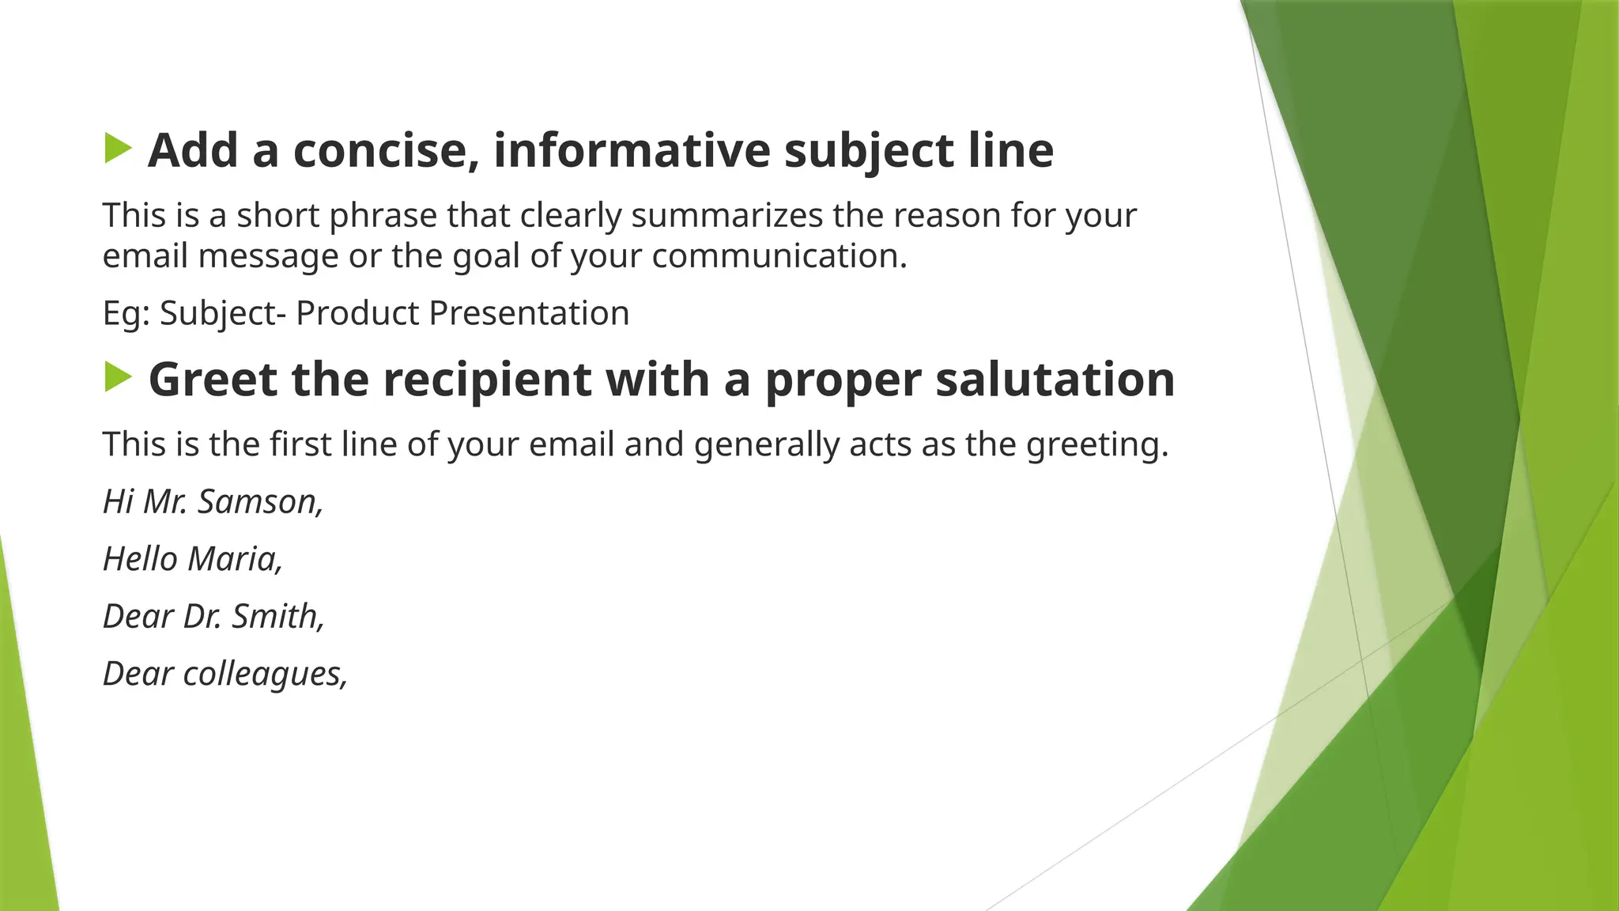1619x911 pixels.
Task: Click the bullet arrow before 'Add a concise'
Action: (118, 149)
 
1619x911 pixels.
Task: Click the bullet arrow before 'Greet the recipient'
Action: (118, 377)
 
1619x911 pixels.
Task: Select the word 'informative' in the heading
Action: (632, 150)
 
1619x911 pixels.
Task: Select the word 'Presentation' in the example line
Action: (529, 313)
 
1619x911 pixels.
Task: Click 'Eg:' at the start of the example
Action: (126, 314)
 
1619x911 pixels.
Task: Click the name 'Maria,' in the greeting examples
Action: (236, 559)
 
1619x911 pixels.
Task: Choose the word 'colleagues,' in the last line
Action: (266, 675)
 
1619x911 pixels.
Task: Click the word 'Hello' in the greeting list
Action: (140, 559)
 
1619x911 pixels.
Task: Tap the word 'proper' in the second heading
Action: (843, 380)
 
